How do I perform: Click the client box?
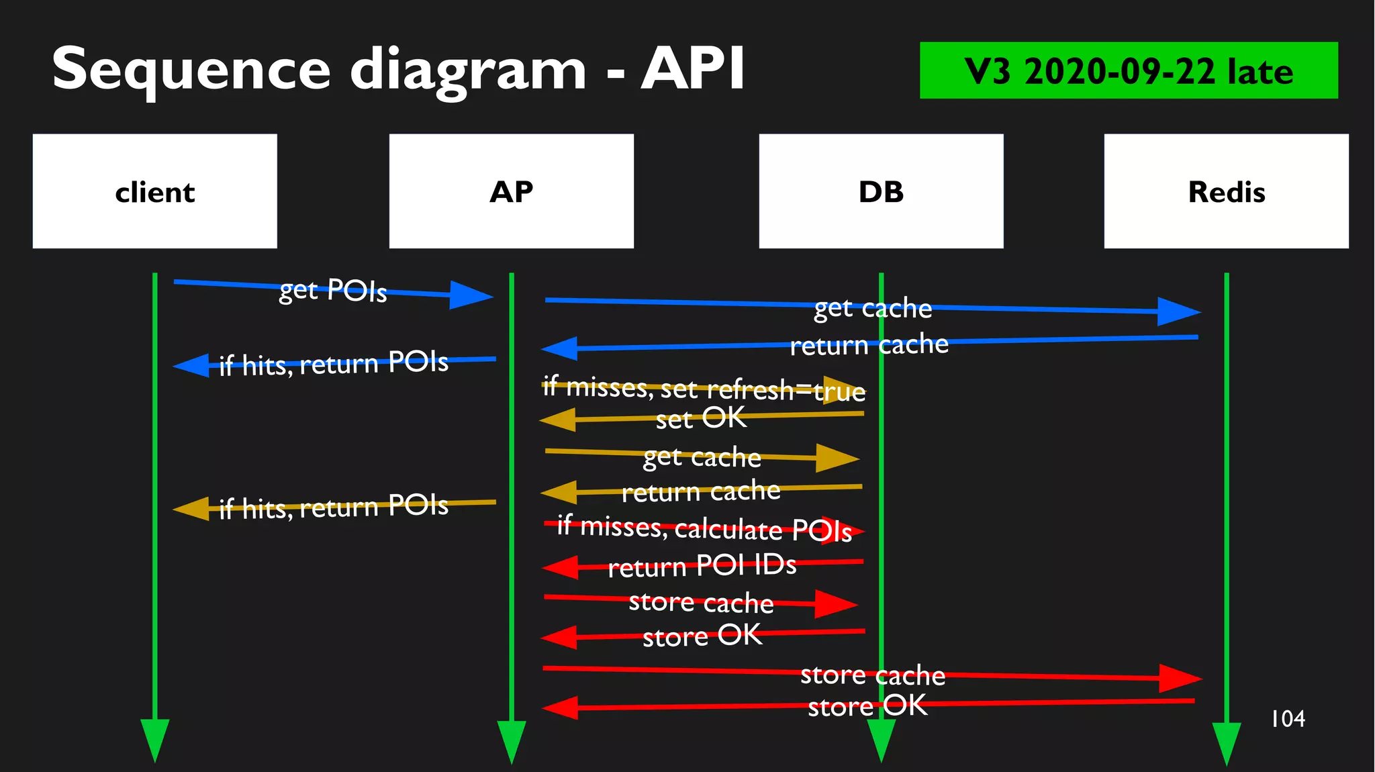pyautogui.click(x=154, y=191)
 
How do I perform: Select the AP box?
pyautogui.click(x=511, y=191)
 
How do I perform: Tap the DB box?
pyautogui.click(x=881, y=191)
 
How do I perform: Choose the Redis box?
pyautogui.click(x=1226, y=191)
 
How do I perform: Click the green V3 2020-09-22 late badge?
pyautogui.click(x=1128, y=70)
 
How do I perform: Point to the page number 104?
pyautogui.click(x=1288, y=719)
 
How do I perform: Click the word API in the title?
pyautogui.click(x=693, y=68)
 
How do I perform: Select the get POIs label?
pyautogui.click(x=333, y=290)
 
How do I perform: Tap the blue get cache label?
pyautogui.click(x=873, y=308)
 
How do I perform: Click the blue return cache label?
pyautogui.click(x=869, y=345)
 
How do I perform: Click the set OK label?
pyautogui.click(x=701, y=418)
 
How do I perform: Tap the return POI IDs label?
pyautogui.click(x=702, y=566)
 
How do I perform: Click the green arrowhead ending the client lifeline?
pyautogui.click(x=154, y=738)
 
